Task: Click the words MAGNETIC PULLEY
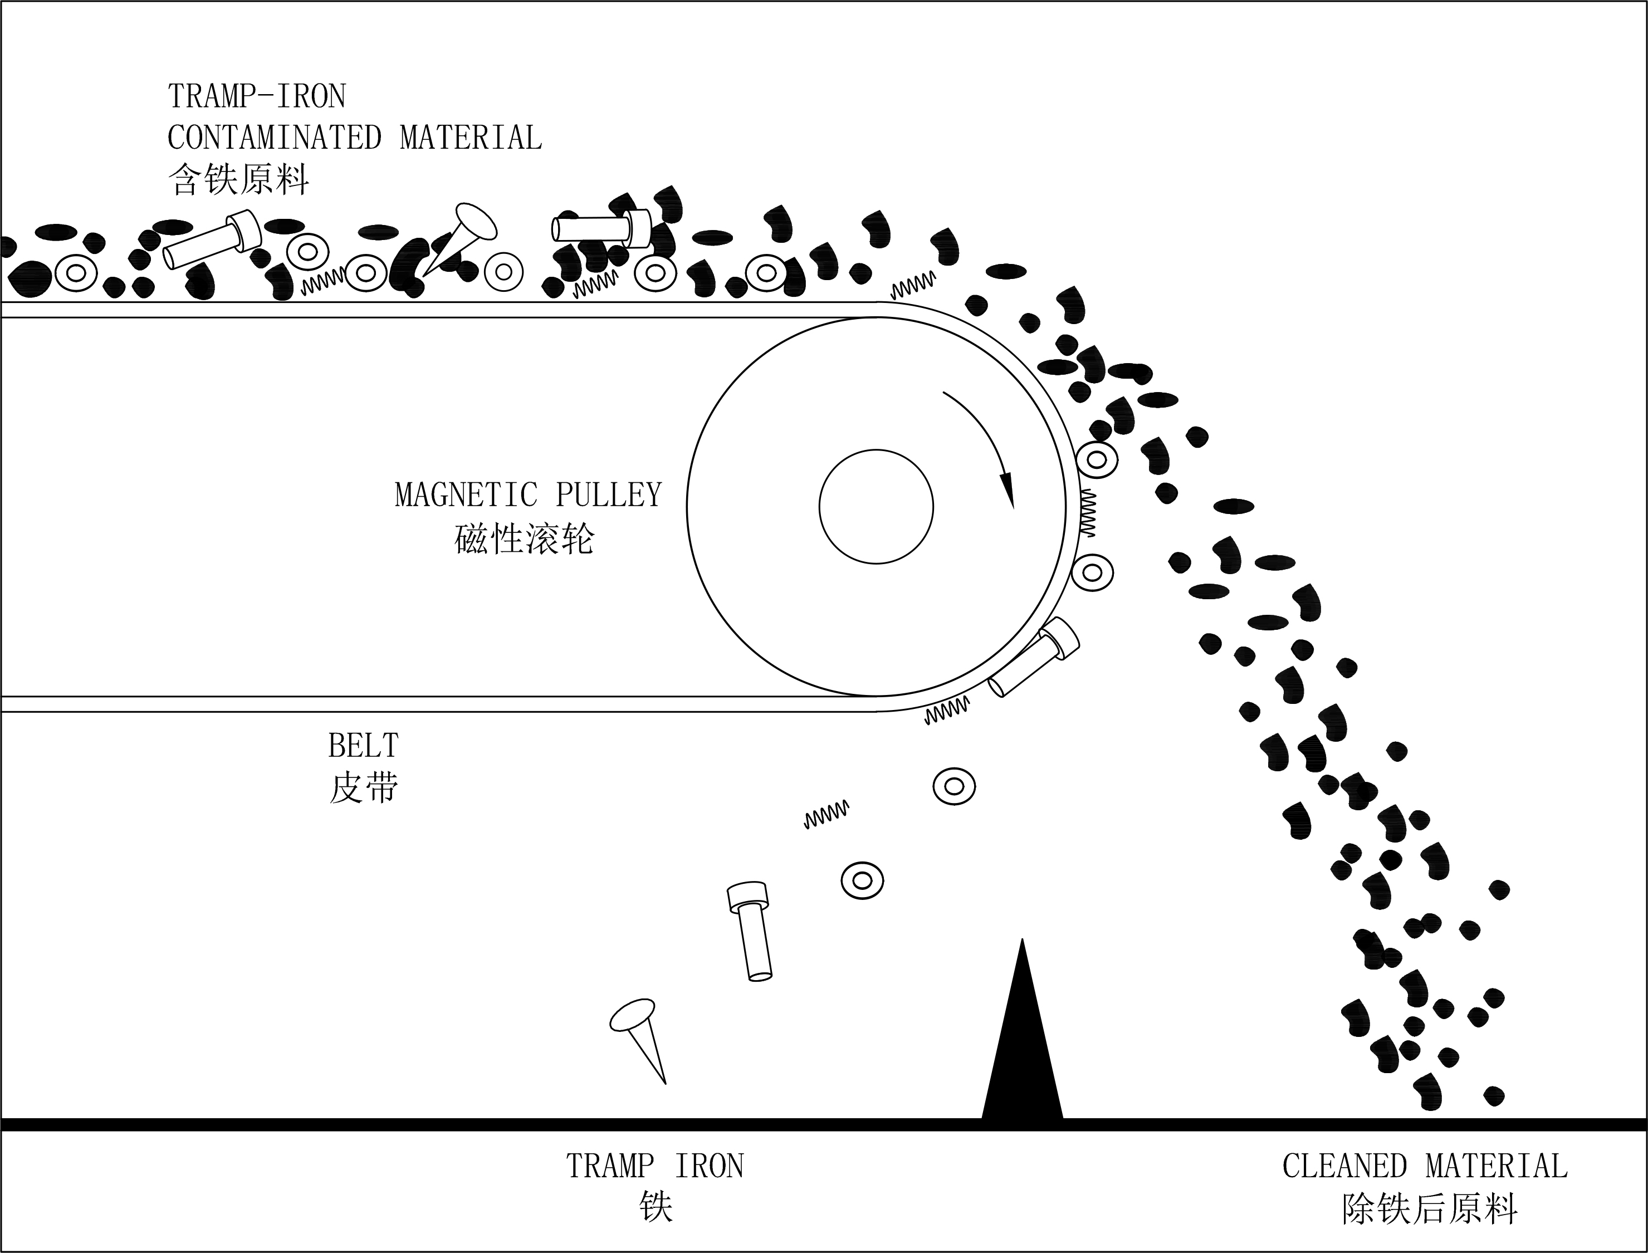pos(528,495)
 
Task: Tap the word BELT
pos(363,745)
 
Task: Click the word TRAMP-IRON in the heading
pos(257,96)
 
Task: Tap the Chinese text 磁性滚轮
pos(524,538)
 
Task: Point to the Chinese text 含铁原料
pos(238,180)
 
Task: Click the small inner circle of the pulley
pos(876,506)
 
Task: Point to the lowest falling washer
pos(862,881)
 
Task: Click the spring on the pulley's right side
pos(1087,512)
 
